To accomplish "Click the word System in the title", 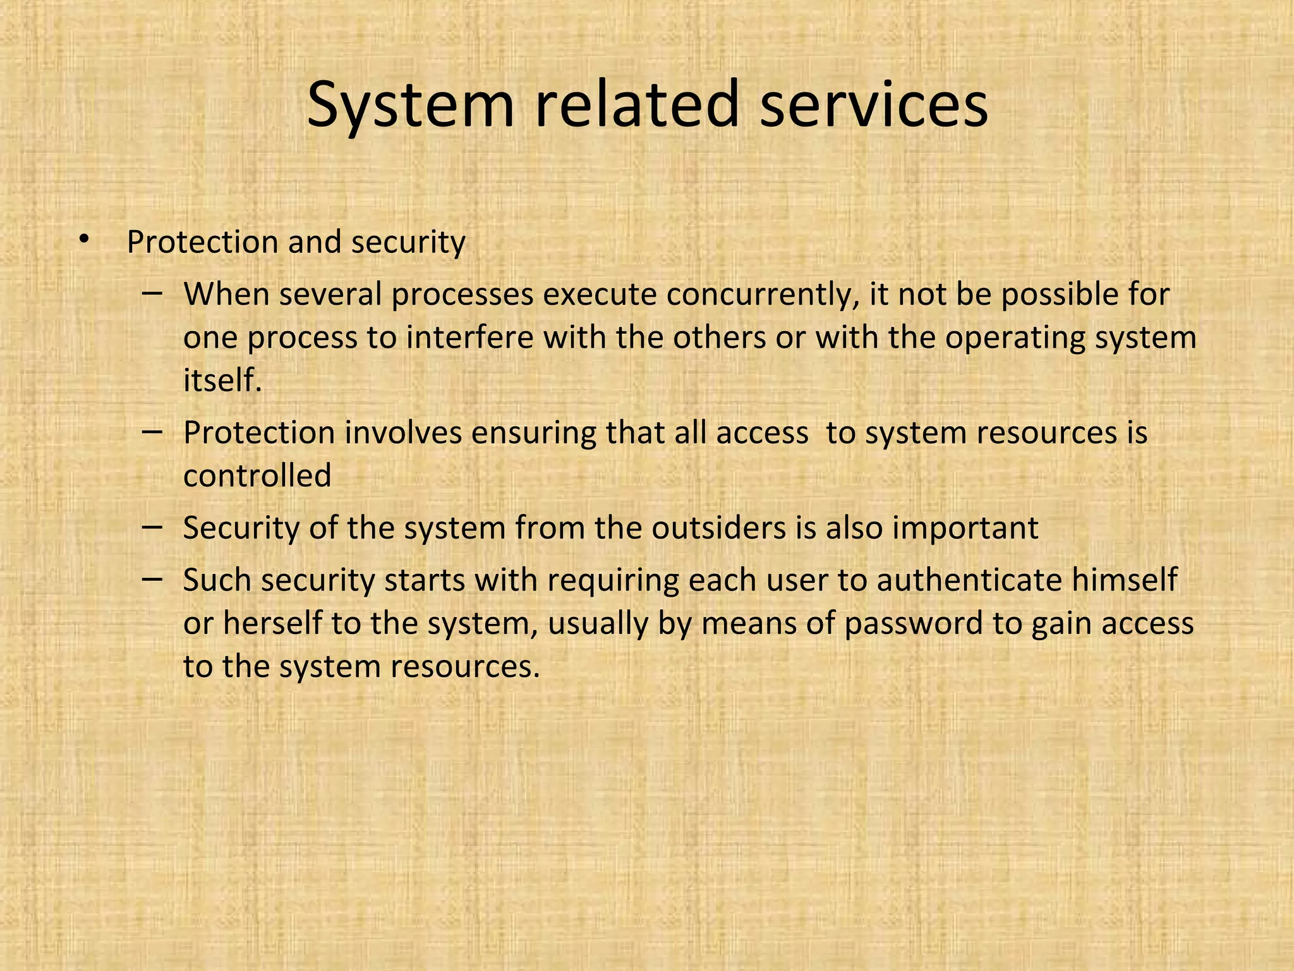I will point(411,104).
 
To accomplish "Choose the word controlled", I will point(257,475).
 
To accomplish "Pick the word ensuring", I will point(533,434).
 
